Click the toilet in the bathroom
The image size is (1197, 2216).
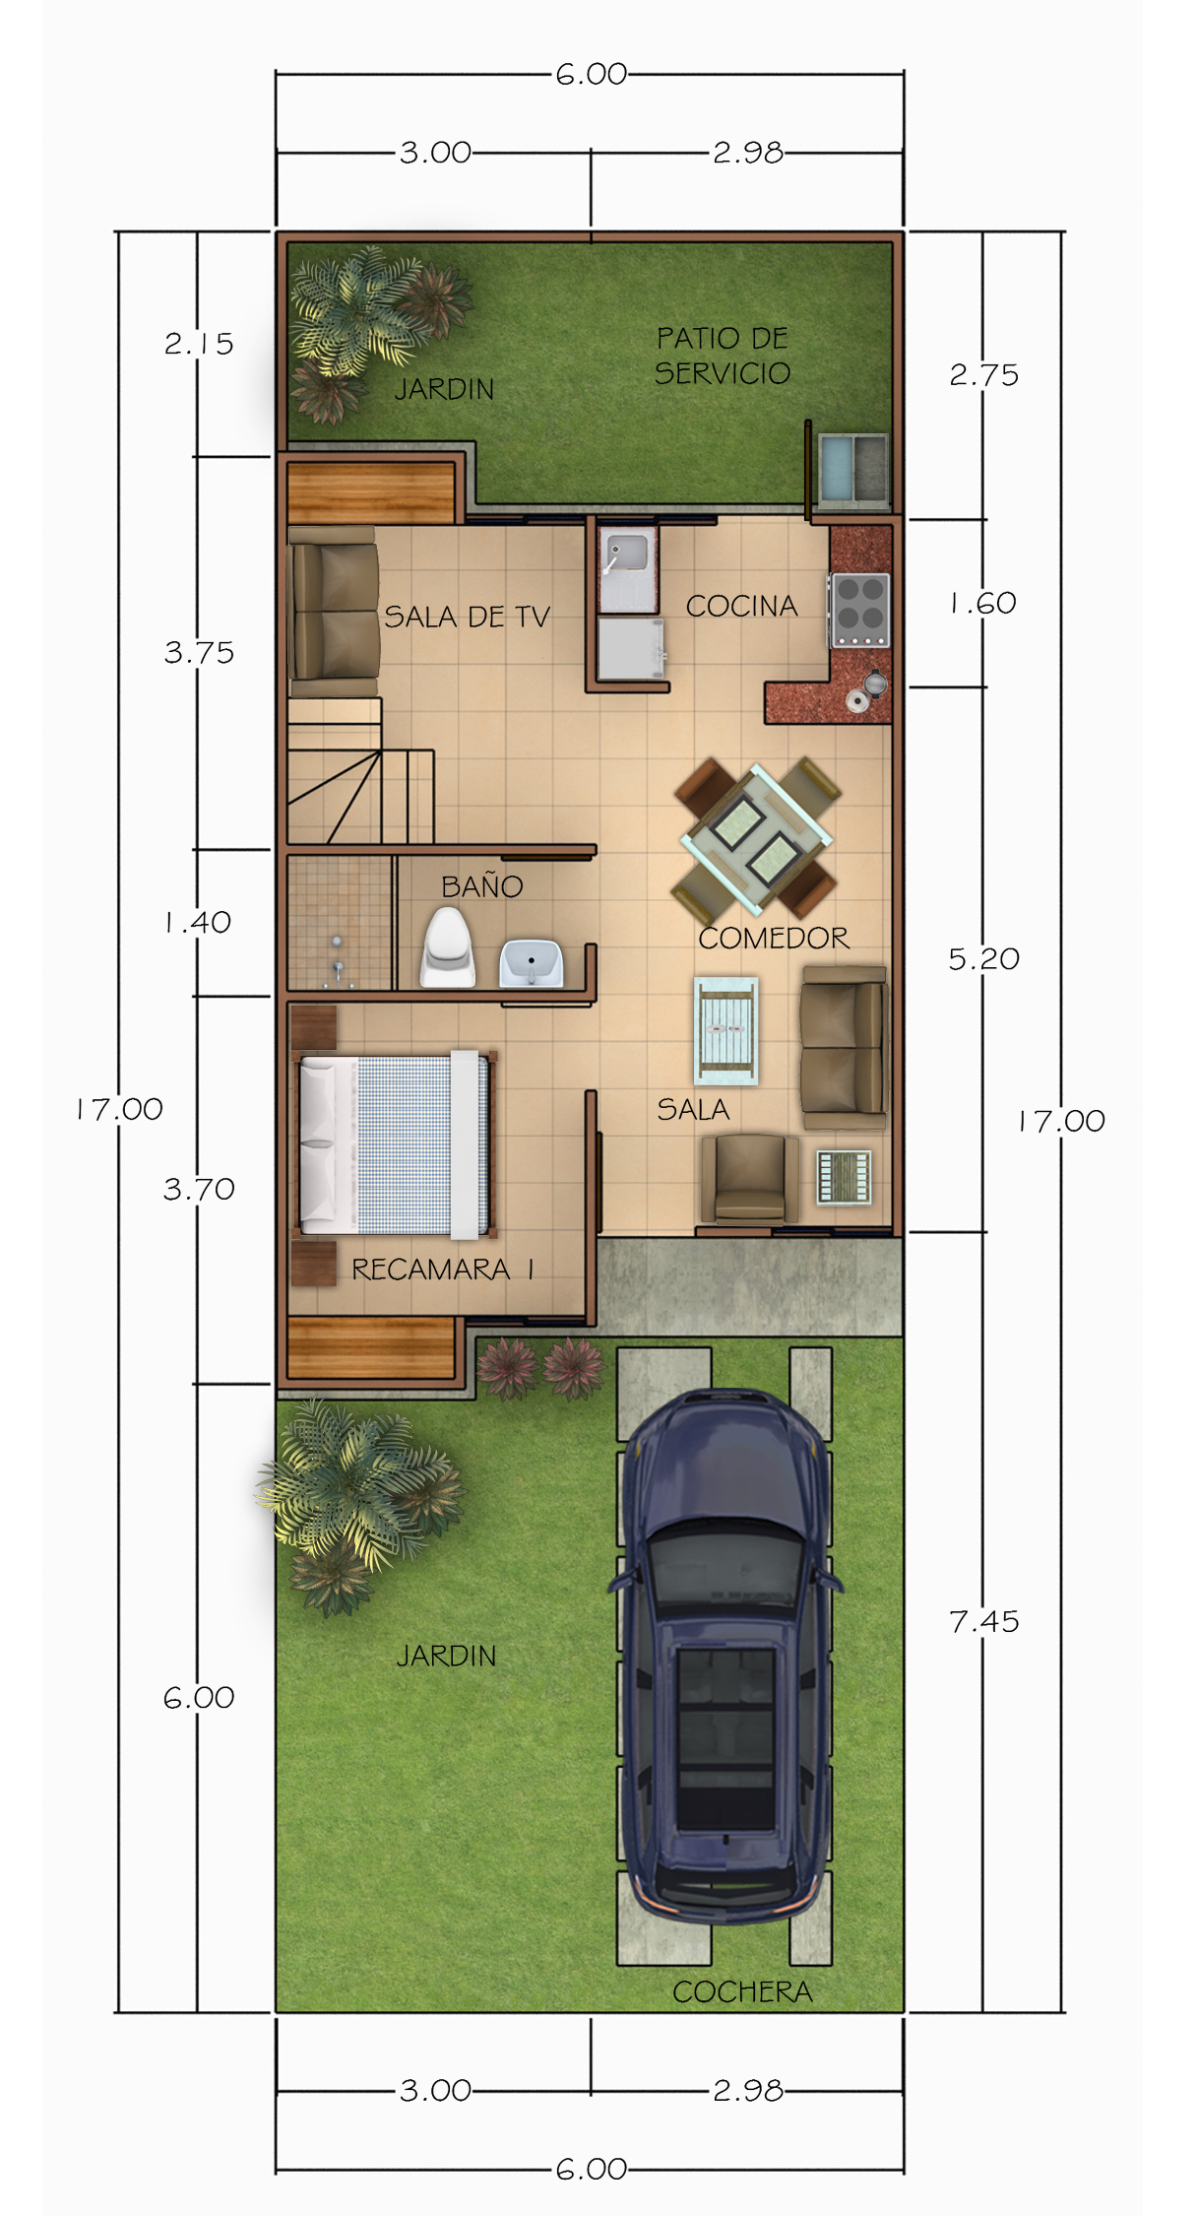pyautogui.click(x=448, y=947)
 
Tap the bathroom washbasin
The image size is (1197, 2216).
pyautogui.click(x=532, y=963)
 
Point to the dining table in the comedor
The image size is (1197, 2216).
pyautogui.click(x=756, y=838)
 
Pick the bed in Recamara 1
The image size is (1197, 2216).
pyautogui.click(x=395, y=1144)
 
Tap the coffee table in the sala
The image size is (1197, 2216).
pyautogui.click(x=726, y=1030)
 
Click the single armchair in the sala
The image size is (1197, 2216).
pyautogui.click(x=750, y=1179)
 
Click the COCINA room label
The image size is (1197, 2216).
pyautogui.click(x=741, y=606)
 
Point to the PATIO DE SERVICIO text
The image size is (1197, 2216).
pyautogui.click(x=723, y=356)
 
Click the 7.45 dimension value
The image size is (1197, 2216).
pyautogui.click(x=984, y=1621)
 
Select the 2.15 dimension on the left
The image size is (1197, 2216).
pyautogui.click(x=199, y=344)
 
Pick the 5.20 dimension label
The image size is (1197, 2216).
pyautogui.click(x=984, y=958)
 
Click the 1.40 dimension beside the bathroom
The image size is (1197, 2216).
pyautogui.click(x=198, y=922)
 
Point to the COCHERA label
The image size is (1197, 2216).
pyautogui.click(x=742, y=1991)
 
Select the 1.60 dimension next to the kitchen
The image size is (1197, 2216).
pyautogui.click(x=983, y=603)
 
